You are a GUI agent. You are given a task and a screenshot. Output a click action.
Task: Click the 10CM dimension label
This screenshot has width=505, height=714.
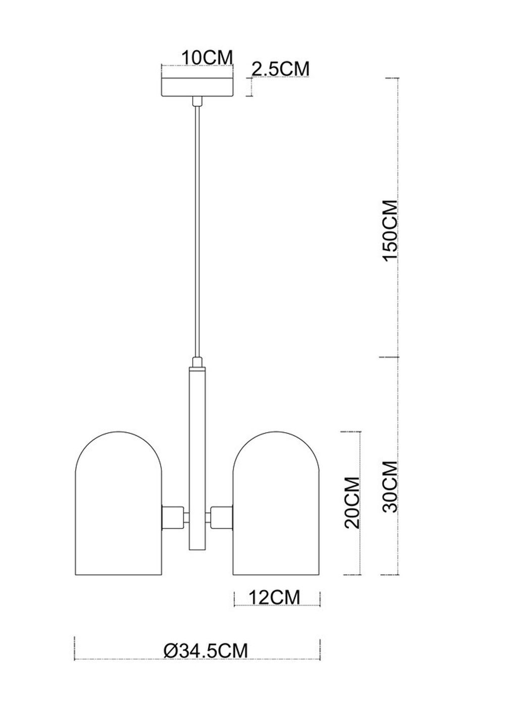[207, 58]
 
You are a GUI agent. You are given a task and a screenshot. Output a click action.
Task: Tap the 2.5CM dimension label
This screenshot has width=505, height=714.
[280, 69]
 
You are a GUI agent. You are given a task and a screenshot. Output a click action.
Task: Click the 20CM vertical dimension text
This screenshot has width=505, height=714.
[351, 502]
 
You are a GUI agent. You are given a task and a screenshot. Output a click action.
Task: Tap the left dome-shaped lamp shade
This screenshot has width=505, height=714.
[119, 505]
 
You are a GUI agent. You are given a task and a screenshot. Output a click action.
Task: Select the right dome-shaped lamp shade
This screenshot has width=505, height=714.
[276, 505]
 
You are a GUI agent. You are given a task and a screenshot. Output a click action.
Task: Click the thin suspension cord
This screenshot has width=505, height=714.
[197, 227]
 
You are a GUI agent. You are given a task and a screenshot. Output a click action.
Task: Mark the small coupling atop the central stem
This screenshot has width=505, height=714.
[197, 362]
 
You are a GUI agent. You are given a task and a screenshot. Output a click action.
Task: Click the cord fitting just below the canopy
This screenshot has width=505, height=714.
[197, 103]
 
